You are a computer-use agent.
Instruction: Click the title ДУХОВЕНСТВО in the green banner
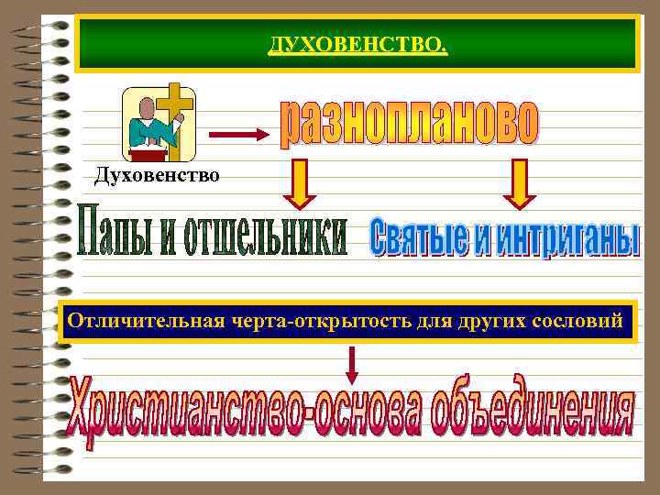(357, 44)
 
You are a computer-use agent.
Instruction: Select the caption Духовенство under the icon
(157, 174)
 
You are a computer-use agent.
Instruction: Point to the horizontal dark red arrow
(239, 134)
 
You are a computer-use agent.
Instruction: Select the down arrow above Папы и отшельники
(300, 183)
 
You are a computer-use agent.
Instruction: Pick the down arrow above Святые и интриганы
(519, 183)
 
